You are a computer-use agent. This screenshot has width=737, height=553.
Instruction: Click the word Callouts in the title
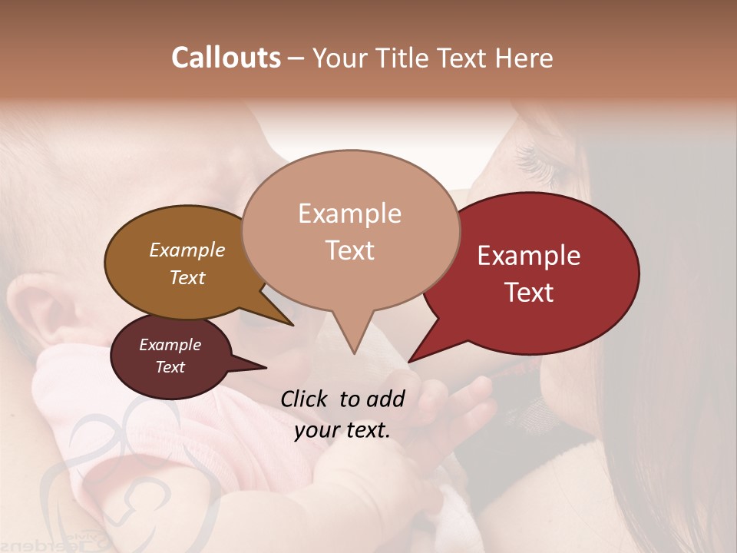[226, 58]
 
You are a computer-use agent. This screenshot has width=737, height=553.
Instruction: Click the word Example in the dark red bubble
[529, 256]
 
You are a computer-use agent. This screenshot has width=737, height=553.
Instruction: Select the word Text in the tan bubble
[350, 250]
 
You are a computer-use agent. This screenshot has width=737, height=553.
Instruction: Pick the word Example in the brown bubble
[187, 250]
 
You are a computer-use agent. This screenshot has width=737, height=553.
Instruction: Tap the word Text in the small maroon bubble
[170, 367]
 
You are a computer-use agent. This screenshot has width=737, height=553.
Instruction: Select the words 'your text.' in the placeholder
[342, 430]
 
